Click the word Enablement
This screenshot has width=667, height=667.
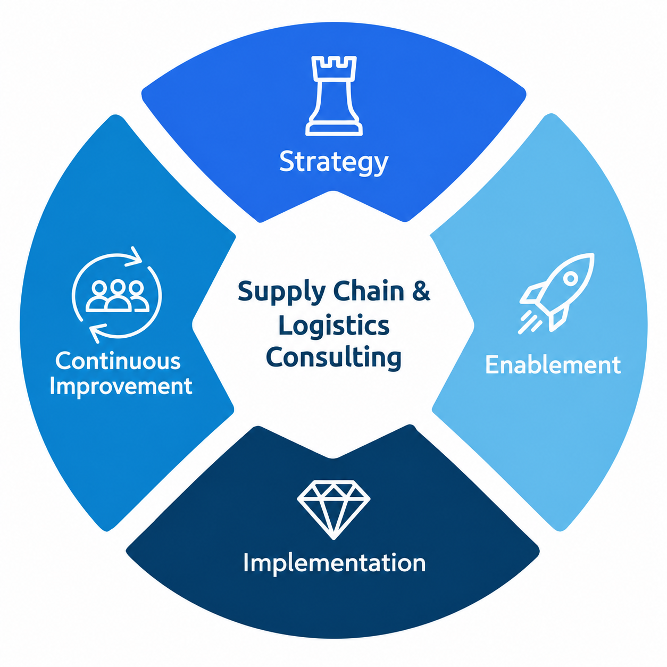553,365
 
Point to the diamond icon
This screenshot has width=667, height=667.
333,509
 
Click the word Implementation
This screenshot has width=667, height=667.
335,563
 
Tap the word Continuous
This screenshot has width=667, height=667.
118,361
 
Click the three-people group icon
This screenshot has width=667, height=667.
118,295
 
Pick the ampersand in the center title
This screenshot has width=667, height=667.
421,291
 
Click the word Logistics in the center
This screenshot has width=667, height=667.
333,326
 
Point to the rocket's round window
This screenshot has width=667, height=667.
570,278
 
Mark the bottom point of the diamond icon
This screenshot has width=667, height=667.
333,539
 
